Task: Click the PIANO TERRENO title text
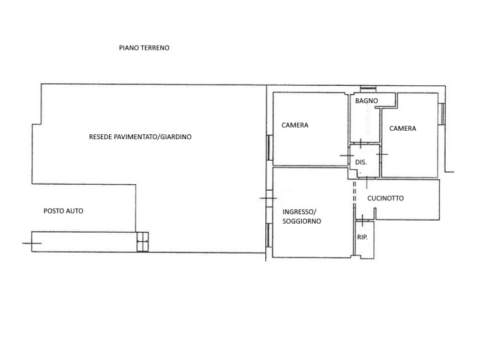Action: click(x=144, y=48)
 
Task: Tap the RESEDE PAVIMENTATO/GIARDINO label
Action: click(x=140, y=137)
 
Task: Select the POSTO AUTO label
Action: click(x=64, y=211)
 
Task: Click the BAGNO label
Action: click(x=367, y=101)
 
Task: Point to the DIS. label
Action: click(x=361, y=162)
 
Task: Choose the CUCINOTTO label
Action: click(x=385, y=199)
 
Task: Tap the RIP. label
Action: click(x=362, y=237)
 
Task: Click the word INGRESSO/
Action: click(x=299, y=212)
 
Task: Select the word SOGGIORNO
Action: click(x=302, y=221)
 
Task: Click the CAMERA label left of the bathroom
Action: click(x=295, y=125)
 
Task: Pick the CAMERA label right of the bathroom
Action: click(x=403, y=128)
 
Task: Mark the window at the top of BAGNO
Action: click(x=368, y=89)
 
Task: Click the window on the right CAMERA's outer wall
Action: click(x=442, y=113)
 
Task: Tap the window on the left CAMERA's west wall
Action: click(x=269, y=148)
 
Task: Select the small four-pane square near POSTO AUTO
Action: click(x=142, y=242)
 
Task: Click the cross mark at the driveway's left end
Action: click(x=32, y=244)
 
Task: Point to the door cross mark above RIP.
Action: click(x=362, y=220)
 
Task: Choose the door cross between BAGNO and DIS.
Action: click(x=361, y=143)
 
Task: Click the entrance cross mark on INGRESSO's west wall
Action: click(x=268, y=199)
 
